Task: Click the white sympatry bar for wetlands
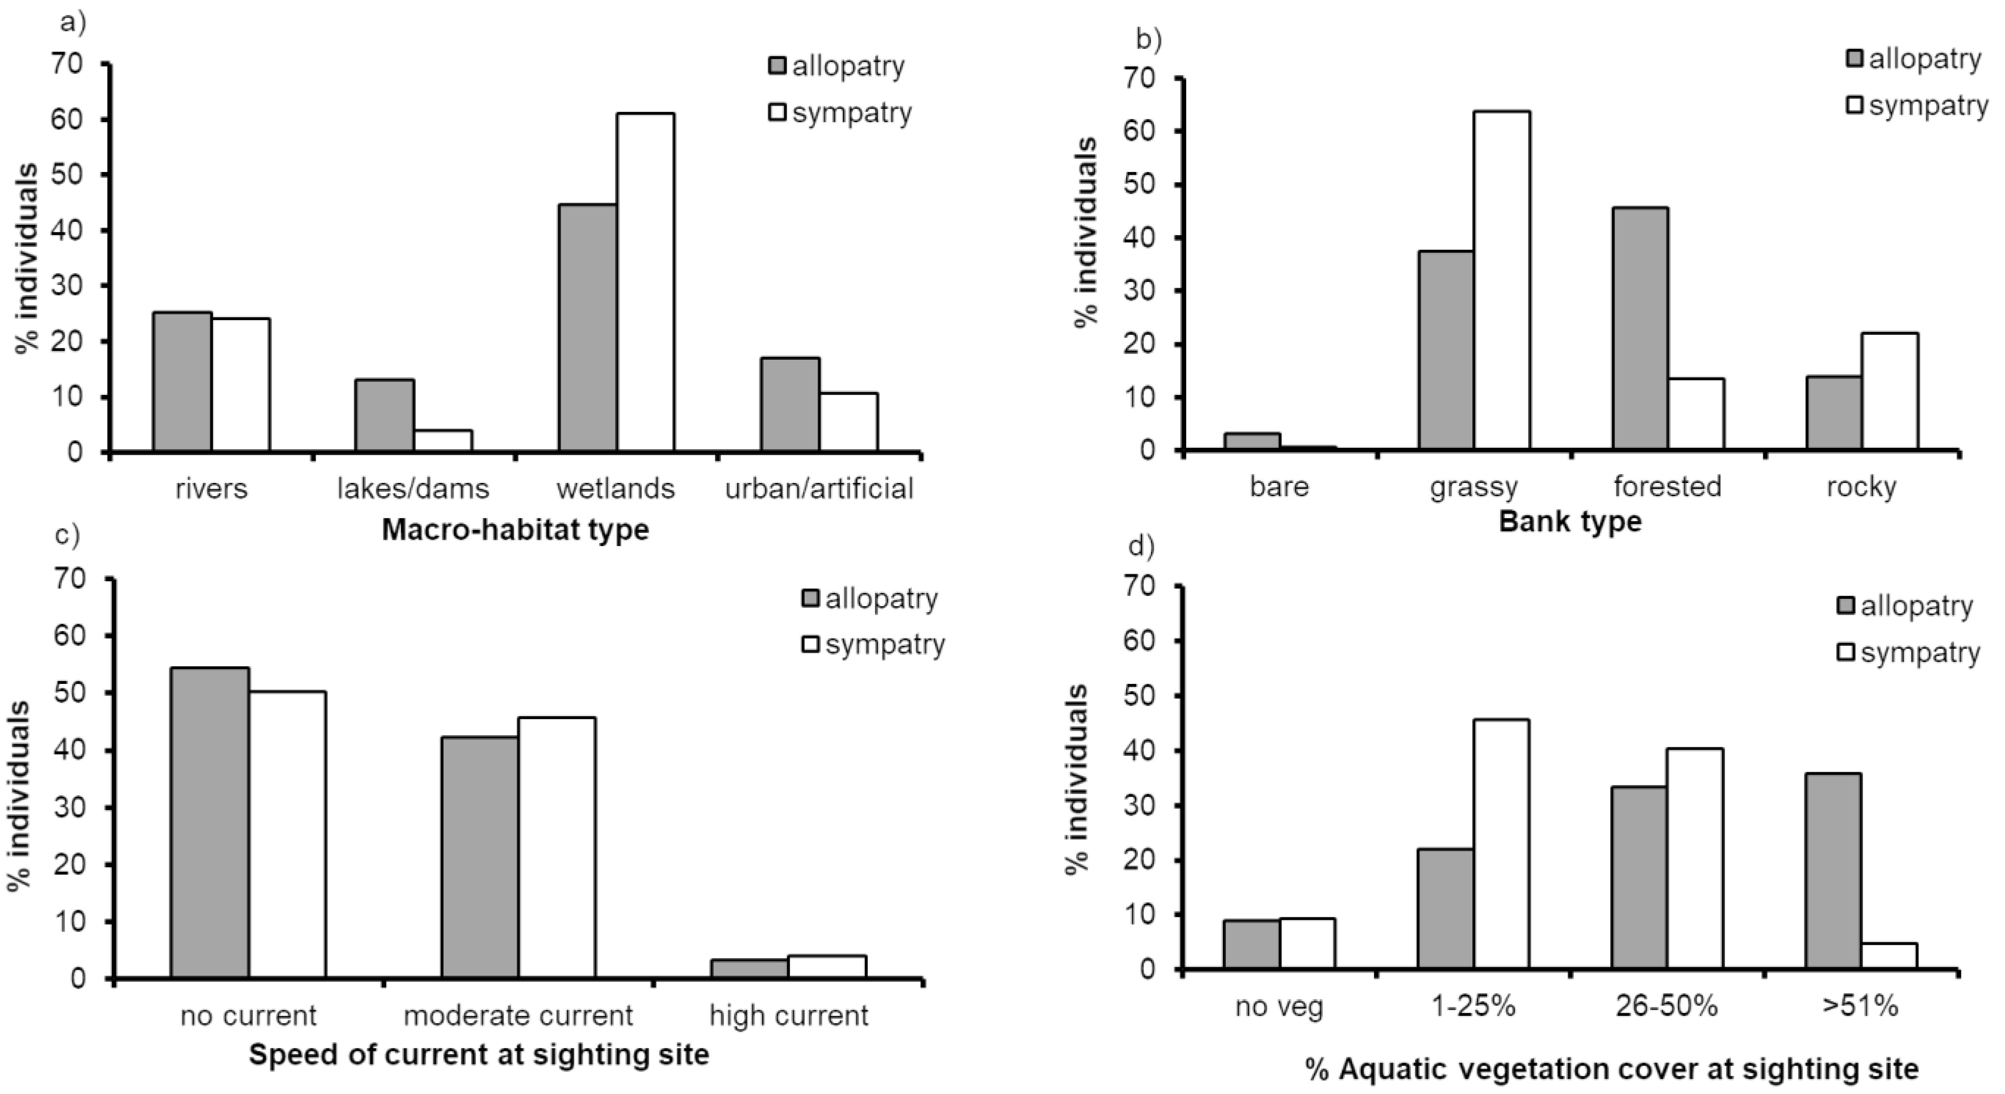[x=645, y=282]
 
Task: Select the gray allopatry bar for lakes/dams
[x=384, y=415]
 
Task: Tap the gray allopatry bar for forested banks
[x=1640, y=328]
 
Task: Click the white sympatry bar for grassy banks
[x=1501, y=280]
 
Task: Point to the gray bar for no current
[x=210, y=822]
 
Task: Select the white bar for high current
[x=827, y=966]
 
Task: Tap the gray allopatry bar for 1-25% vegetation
[x=1445, y=909]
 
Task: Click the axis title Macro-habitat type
[x=515, y=530]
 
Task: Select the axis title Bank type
[x=1570, y=521]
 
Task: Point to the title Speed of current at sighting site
[x=479, y=1055]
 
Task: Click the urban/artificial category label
[x=819, y=489]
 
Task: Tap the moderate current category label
[x=518, y=1015]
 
